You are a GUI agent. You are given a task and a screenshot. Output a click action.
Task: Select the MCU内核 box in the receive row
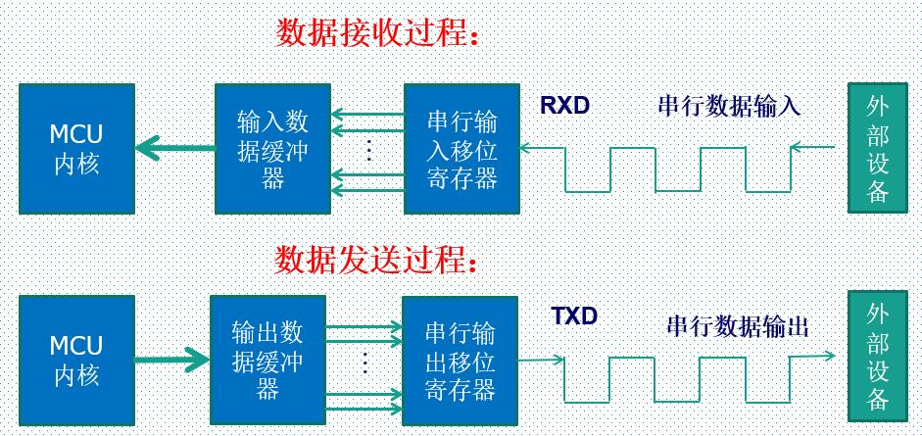click(76, 148)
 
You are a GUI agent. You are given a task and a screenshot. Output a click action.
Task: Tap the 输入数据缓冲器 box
click(272, 149)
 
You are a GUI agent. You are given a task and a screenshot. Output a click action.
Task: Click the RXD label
click(565, 105)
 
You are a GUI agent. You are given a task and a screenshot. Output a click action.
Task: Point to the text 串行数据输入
click(729, 106)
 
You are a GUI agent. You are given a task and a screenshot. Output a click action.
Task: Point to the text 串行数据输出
click(737, 326)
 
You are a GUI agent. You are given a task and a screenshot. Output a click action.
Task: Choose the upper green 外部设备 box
click(877, 149)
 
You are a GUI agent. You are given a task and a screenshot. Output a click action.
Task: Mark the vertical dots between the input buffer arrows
click(368, 149)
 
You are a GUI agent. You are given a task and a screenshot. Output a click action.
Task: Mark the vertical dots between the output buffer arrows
click(364, 362)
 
